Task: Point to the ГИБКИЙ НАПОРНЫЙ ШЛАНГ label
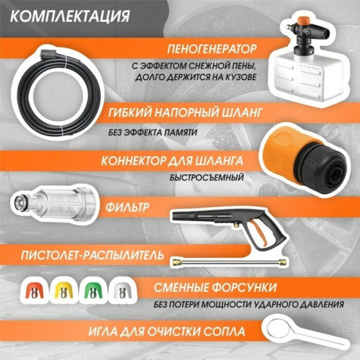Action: point(187,113)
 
